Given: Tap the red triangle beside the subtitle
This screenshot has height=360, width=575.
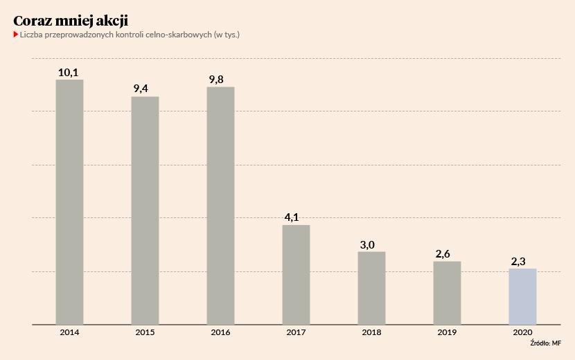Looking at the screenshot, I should pos(15,34).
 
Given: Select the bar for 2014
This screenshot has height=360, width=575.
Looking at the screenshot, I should pos(69,201).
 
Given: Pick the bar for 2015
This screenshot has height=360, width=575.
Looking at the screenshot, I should pos(145,210).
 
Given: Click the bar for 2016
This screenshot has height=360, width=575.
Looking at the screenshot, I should pos(220,205).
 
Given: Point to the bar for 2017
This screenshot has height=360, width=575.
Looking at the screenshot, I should pos(296,274).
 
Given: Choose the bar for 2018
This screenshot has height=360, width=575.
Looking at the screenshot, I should pos(371,287).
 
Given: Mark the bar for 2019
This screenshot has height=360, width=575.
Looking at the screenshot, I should pos(447,292).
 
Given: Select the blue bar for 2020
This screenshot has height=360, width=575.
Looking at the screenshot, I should pos(522,296).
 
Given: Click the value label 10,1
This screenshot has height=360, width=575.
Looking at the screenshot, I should pos(69,72).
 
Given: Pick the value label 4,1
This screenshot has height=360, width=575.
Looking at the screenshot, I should pos(292,217).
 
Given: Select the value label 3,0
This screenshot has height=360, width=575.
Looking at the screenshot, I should pos(368,244).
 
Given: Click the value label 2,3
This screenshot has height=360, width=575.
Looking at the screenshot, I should pos(519,261).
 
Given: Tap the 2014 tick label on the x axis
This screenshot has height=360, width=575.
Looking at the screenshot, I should pos(69,333).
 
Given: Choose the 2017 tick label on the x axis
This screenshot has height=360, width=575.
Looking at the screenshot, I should pos(296,333).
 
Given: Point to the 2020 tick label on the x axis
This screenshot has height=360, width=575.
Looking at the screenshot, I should pos(522,333).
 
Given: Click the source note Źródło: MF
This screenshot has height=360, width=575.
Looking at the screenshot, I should pos(546,343).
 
